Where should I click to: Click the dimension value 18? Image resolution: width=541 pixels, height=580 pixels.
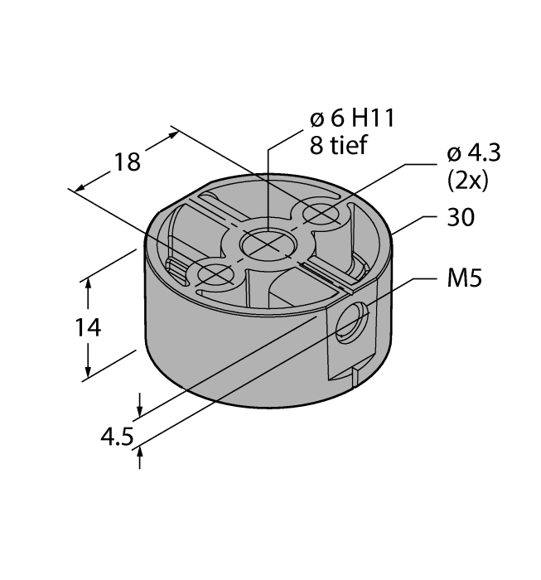127,162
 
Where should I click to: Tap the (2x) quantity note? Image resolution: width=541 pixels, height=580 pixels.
467,180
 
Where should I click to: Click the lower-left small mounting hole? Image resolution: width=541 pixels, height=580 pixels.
212,271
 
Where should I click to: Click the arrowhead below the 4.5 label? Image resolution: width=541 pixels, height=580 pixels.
140,451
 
